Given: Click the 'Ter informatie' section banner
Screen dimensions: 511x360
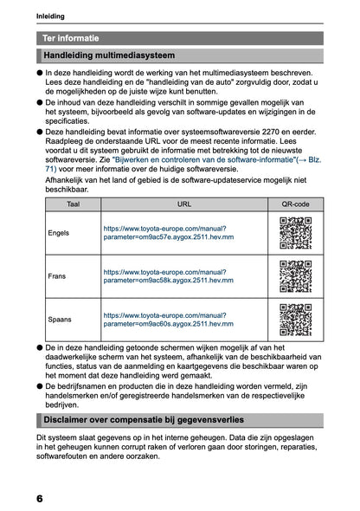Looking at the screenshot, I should [x=71, y=38].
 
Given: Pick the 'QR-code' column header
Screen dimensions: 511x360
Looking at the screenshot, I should [x=295, y=204].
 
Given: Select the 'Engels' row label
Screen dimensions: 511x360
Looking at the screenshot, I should [x=60, y=233].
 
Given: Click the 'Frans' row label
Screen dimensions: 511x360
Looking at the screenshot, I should [x=58, y=275].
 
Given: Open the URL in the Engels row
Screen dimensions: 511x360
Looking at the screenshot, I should [x=165, y=233].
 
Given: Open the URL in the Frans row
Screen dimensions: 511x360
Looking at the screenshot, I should [x=165, y=275].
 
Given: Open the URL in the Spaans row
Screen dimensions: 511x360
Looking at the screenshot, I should [x=165, y=319].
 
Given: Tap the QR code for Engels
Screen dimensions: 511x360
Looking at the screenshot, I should [x=295, y=233].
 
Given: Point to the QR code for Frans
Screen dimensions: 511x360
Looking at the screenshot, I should [x=295, y=275].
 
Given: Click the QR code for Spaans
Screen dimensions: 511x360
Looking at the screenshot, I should [x=295, y=319].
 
